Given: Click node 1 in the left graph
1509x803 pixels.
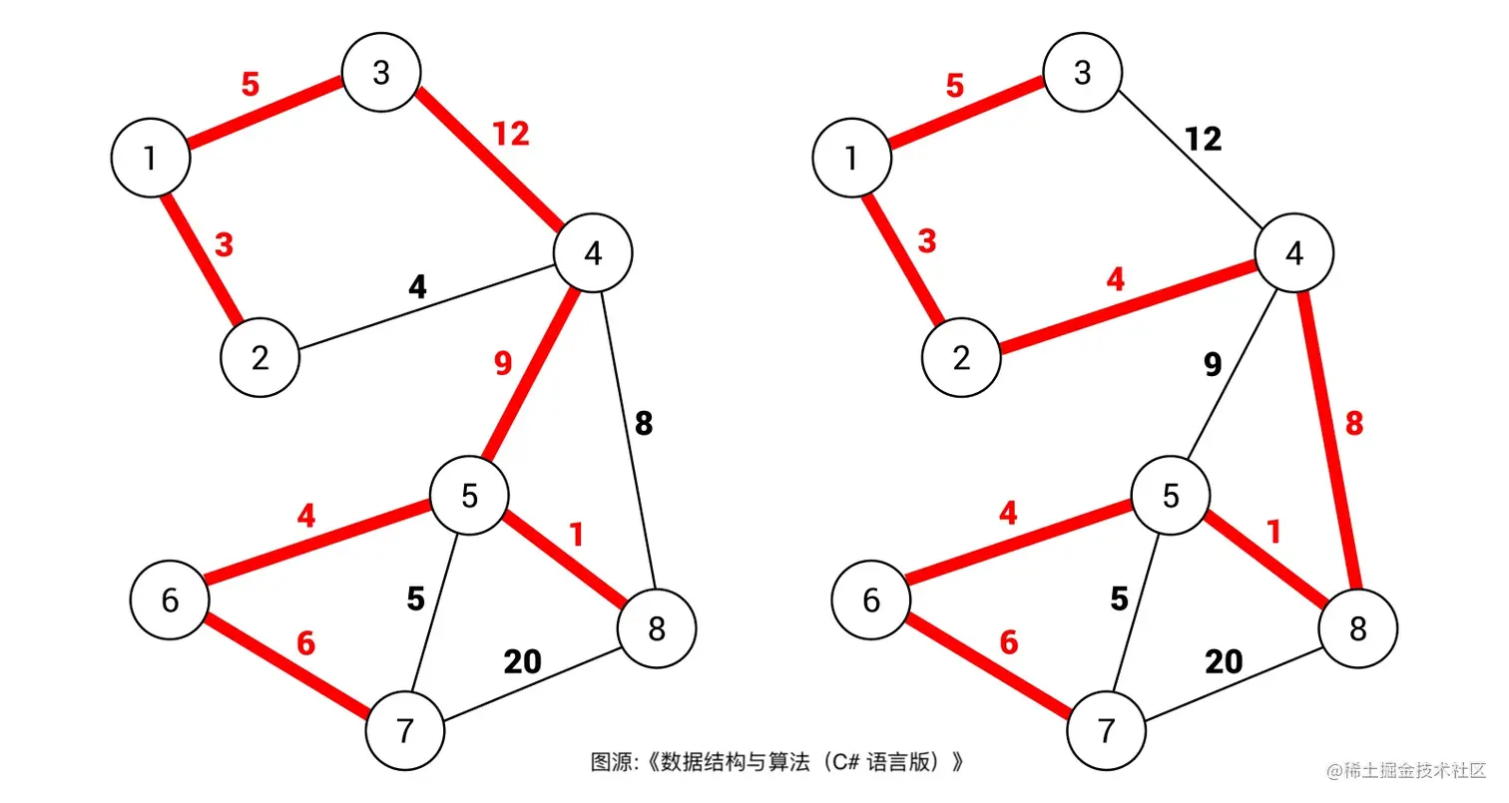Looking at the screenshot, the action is [151, 157].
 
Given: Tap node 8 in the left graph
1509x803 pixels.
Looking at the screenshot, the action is [656, 628].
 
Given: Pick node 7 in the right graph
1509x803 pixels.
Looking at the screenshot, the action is [1107, 731].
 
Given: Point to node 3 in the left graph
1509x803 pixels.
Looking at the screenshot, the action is [380, 73].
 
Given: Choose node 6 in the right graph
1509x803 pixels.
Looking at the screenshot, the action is [871, 600].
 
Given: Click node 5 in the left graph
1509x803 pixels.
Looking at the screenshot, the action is [469, 496].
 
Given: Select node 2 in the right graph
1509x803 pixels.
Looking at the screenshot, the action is [961, 358].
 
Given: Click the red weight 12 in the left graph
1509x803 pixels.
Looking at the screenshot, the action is [510, 134].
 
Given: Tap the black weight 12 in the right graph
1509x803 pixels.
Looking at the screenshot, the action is [1204, 140].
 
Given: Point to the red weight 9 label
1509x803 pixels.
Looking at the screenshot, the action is [502, 364].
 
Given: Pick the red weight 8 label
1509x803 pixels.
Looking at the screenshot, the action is [1353, 424].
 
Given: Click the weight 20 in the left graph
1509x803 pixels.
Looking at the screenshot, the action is [523, 661].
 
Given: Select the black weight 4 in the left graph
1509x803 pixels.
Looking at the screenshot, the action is [417, 287].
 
